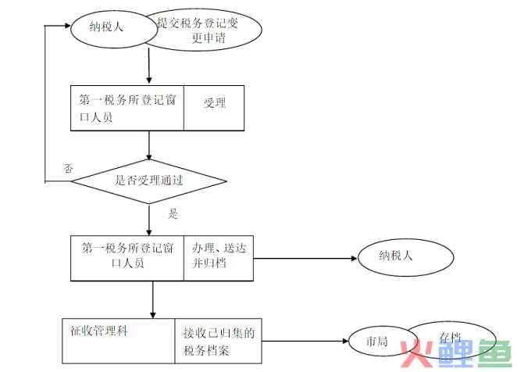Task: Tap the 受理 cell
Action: (x=214, y=103)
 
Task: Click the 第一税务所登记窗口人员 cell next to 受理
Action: (x=127, y=108)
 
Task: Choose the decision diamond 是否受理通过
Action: (x=149, y=181)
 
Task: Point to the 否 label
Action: (x=68, y=168)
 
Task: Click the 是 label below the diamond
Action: (x=173, y=213)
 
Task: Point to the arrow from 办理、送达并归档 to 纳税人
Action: (x=305, y=257)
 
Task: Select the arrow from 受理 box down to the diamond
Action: (x=149, y=145)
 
